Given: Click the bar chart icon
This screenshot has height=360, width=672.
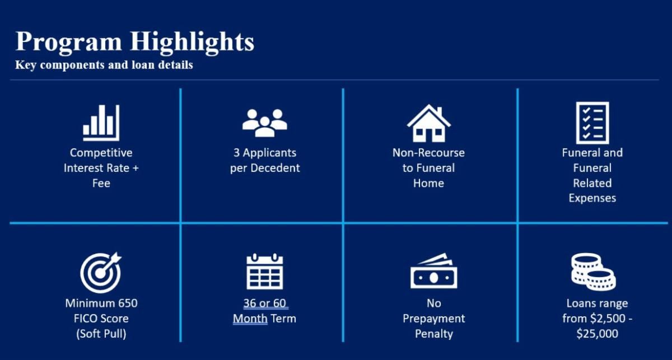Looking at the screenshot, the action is [101, 123].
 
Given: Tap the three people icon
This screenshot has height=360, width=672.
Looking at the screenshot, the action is [264, 123].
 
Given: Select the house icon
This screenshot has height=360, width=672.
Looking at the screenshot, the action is [429, 123].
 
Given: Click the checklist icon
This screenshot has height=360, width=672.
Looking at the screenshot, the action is [592, 123].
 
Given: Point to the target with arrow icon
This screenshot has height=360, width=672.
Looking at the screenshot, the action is [101, 273].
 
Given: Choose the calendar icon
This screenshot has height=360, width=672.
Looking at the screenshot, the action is [264, 272].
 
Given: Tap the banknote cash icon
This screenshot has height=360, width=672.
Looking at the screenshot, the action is [434, 271].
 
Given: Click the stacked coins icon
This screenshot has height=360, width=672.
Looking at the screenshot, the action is [594, 272].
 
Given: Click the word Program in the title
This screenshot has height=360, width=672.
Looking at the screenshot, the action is [69, 43].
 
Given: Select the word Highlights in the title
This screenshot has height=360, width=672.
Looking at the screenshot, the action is [192, 43].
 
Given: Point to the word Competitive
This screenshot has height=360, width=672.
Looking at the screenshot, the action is [101, 153].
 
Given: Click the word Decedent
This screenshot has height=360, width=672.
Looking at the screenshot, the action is [275, 168].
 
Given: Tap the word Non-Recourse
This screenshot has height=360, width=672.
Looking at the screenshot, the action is [429, 153].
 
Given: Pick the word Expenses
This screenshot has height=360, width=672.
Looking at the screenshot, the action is [592, 198].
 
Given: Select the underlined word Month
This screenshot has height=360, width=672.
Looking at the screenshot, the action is [250, 319].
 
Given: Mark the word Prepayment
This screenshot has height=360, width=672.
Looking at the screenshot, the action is [434, 319].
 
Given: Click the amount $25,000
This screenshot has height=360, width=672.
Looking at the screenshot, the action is [598, 334].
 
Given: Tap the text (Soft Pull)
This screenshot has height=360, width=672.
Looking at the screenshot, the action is [101, 334].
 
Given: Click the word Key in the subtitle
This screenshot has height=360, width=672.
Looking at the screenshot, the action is [26, 65].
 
